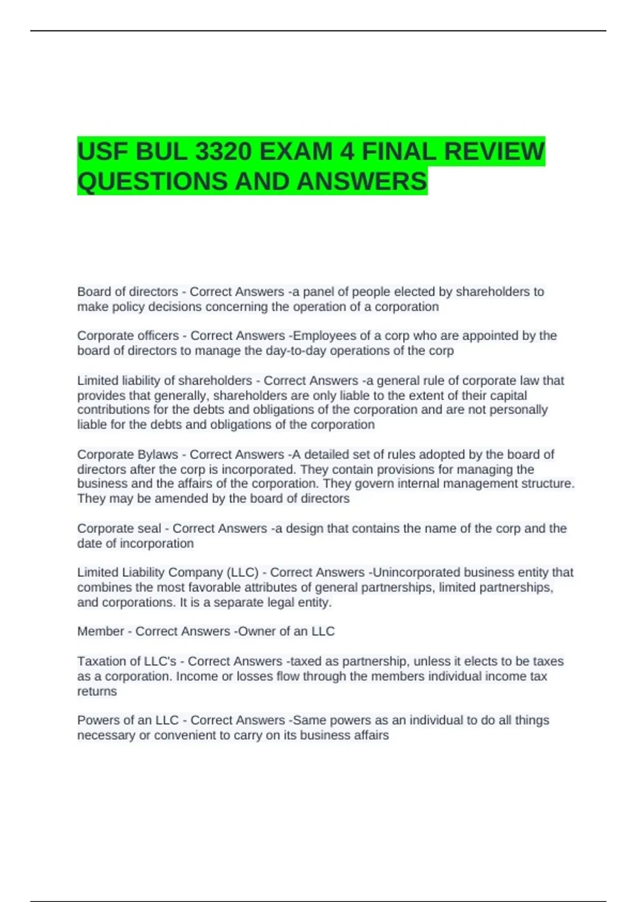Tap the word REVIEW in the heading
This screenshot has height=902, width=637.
[494, 152]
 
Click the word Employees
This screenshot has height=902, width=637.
[324, 336]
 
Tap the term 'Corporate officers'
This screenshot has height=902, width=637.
[128, 336]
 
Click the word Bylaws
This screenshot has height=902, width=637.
[158, 455]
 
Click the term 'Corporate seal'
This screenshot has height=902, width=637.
[119, 528]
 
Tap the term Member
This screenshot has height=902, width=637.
[100, 631]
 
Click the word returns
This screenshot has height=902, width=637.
[97, 691]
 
